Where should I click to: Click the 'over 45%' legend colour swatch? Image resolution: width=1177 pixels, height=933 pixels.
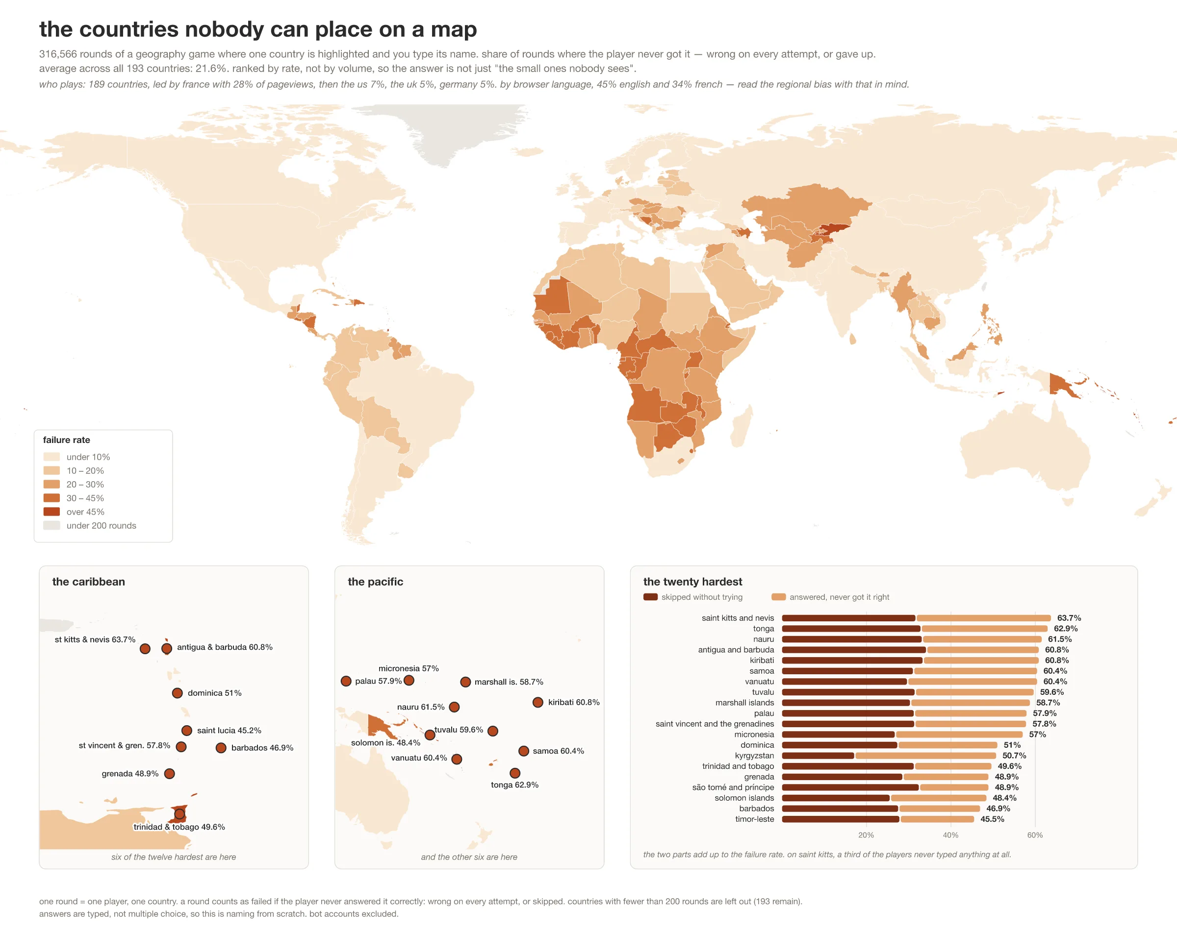[51, 512]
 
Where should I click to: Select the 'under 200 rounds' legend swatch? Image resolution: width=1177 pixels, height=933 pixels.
[51, 525]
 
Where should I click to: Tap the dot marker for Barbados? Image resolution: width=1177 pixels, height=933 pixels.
[221, 747]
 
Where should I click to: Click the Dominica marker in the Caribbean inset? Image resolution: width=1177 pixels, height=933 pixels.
[178, 693]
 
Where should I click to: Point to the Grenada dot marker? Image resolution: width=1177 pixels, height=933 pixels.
[169, 774]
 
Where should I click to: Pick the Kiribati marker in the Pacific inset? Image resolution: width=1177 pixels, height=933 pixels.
[537, 702]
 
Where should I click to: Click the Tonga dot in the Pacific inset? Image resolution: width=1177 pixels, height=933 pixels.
[515, 773]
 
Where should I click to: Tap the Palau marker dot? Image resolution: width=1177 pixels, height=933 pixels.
[346, 681]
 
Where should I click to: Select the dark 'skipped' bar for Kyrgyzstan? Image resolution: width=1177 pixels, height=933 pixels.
[818, 756]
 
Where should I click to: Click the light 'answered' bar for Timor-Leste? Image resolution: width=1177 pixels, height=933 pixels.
[937, 819]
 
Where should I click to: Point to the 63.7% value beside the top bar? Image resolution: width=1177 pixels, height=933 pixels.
[1069, 617]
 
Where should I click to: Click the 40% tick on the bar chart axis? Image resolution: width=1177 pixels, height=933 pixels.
[950, 835]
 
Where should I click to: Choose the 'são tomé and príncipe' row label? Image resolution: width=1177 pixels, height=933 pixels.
[733, 787]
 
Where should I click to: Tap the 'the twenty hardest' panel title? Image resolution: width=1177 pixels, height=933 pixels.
[693, 582]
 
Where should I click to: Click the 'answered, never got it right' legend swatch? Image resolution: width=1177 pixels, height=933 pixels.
[778, 597]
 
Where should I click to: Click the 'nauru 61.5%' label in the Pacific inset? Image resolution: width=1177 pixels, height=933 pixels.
[421, 707]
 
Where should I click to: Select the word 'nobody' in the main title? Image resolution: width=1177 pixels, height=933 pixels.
[226, 29]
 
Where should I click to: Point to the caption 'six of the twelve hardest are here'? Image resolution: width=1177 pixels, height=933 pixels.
[174, 857]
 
